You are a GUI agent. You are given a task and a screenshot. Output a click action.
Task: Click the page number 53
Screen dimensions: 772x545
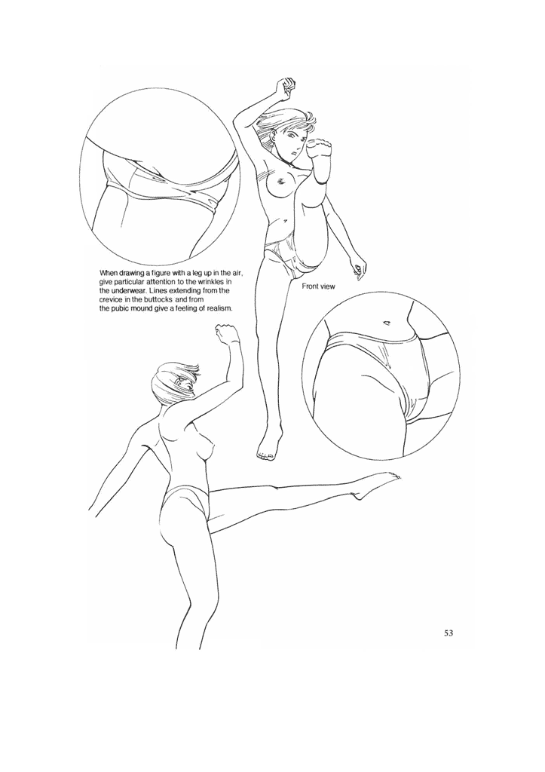[x=448, y=633]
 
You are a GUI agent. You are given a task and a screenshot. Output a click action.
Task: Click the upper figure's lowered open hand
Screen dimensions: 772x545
[x=358, y=265]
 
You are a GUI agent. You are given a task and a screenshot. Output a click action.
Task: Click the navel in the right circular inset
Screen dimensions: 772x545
[x=387, y=323]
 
